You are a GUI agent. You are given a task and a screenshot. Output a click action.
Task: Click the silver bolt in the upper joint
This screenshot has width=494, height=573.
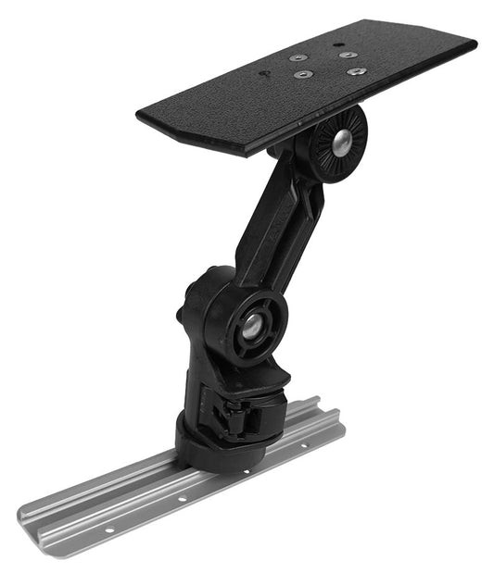[340, 141]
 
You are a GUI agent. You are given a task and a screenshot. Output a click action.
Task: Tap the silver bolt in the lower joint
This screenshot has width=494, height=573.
[251, 325]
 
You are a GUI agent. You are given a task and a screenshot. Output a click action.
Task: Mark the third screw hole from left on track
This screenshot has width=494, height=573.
[247, 471]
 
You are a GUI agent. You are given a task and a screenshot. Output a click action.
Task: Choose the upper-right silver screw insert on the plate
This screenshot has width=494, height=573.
[348, 56]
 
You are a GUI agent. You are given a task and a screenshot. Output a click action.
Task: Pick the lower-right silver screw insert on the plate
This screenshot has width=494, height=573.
[351, 71]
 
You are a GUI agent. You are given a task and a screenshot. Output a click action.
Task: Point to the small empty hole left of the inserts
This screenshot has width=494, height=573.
[265, 73]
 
